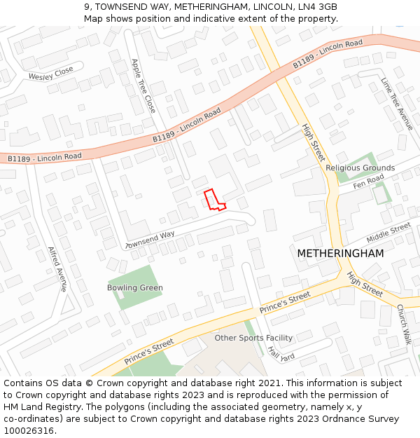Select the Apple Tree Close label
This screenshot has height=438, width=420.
tap(143, 85)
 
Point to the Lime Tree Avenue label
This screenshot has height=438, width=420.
tap(397, 104)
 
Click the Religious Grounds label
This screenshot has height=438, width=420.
tap(360, 168)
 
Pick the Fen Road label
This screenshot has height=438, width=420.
tap(368, 182)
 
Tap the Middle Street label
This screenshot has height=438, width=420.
tap(388, 231)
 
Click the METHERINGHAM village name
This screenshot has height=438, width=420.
tap(340, 253)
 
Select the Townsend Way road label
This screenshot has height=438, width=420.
tap(150, 240)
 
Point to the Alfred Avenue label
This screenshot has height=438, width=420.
tap(57, 268)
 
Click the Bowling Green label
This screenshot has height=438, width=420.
tap(134, 288)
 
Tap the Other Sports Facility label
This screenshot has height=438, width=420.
tap(253, 338)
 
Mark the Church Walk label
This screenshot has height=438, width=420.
tap(404, 324)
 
